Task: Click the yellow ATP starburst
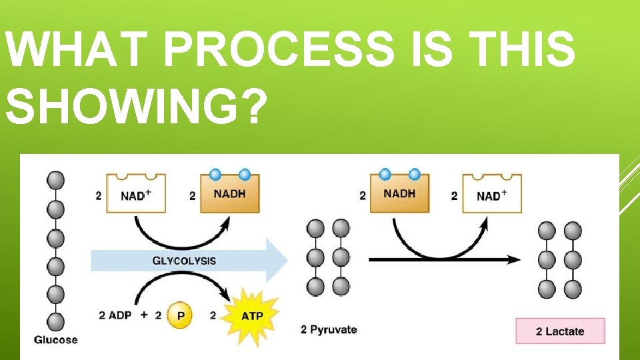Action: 252,315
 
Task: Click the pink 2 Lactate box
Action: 560,331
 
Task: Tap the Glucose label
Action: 56,339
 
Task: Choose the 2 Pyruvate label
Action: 329,329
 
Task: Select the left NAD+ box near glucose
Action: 136,194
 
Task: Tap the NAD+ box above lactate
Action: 492,194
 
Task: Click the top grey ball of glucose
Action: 56,181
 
